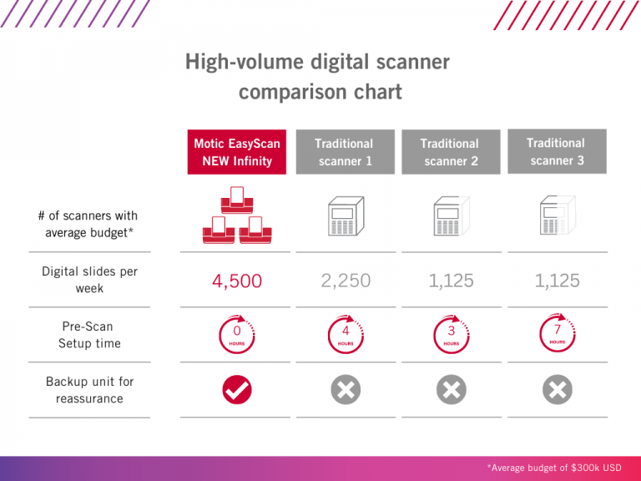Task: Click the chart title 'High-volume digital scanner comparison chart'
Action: coord(320,76)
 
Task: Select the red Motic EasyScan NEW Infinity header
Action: coord(237,152)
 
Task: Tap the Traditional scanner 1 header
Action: coord(344,152)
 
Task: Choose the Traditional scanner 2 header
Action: coord(451,152)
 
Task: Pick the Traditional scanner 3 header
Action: coord(557,151)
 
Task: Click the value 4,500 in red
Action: coord(237,281)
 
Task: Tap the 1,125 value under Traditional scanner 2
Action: coord(451,281)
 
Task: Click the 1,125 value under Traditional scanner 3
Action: coord(557,281)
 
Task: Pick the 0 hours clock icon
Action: coord(237,334)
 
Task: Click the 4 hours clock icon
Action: coord(345,334)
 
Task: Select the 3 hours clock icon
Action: coord(451,334)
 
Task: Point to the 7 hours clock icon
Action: coord(557,332)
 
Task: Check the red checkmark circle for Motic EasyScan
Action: coord(237,390)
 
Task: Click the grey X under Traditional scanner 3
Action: coord(557,390)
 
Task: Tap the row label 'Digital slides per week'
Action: coord(89,280)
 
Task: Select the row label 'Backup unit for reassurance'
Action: coord(89,390)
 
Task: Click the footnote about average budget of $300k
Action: coord(554,468)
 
